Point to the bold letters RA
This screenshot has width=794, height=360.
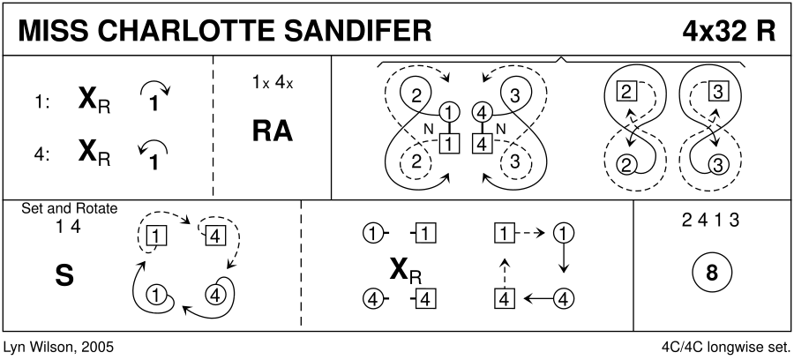tap(273, 131)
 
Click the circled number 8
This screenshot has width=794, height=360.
tap(711, 273)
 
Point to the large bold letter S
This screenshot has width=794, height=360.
tap(64, 274)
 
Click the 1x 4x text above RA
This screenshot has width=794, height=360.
tap(271, 84)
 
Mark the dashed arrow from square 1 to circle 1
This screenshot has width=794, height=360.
tap(533, 234)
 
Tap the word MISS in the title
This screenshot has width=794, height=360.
tap(52, 30)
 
